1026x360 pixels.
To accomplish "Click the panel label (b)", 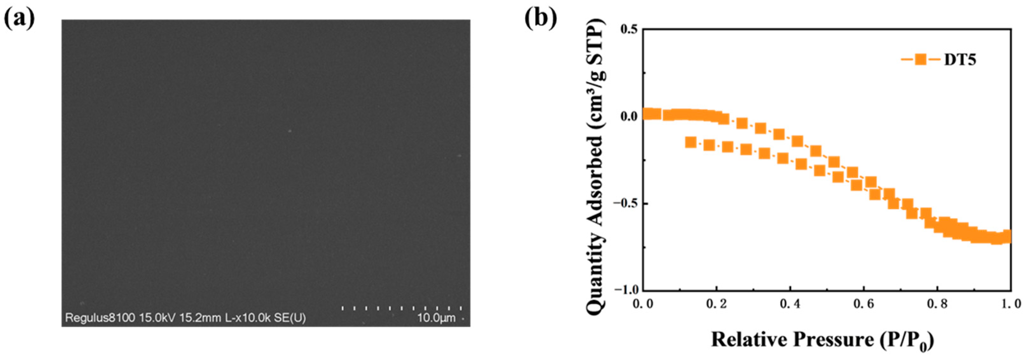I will (x=540, y=18).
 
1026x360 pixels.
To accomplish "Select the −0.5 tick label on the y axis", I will (x=625, y=204).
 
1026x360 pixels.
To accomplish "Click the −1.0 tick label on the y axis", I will (x=625, y=290).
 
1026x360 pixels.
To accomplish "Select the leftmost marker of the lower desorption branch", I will (x=691, y=142).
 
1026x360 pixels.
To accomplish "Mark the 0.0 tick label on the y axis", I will (x=629, y=116).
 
